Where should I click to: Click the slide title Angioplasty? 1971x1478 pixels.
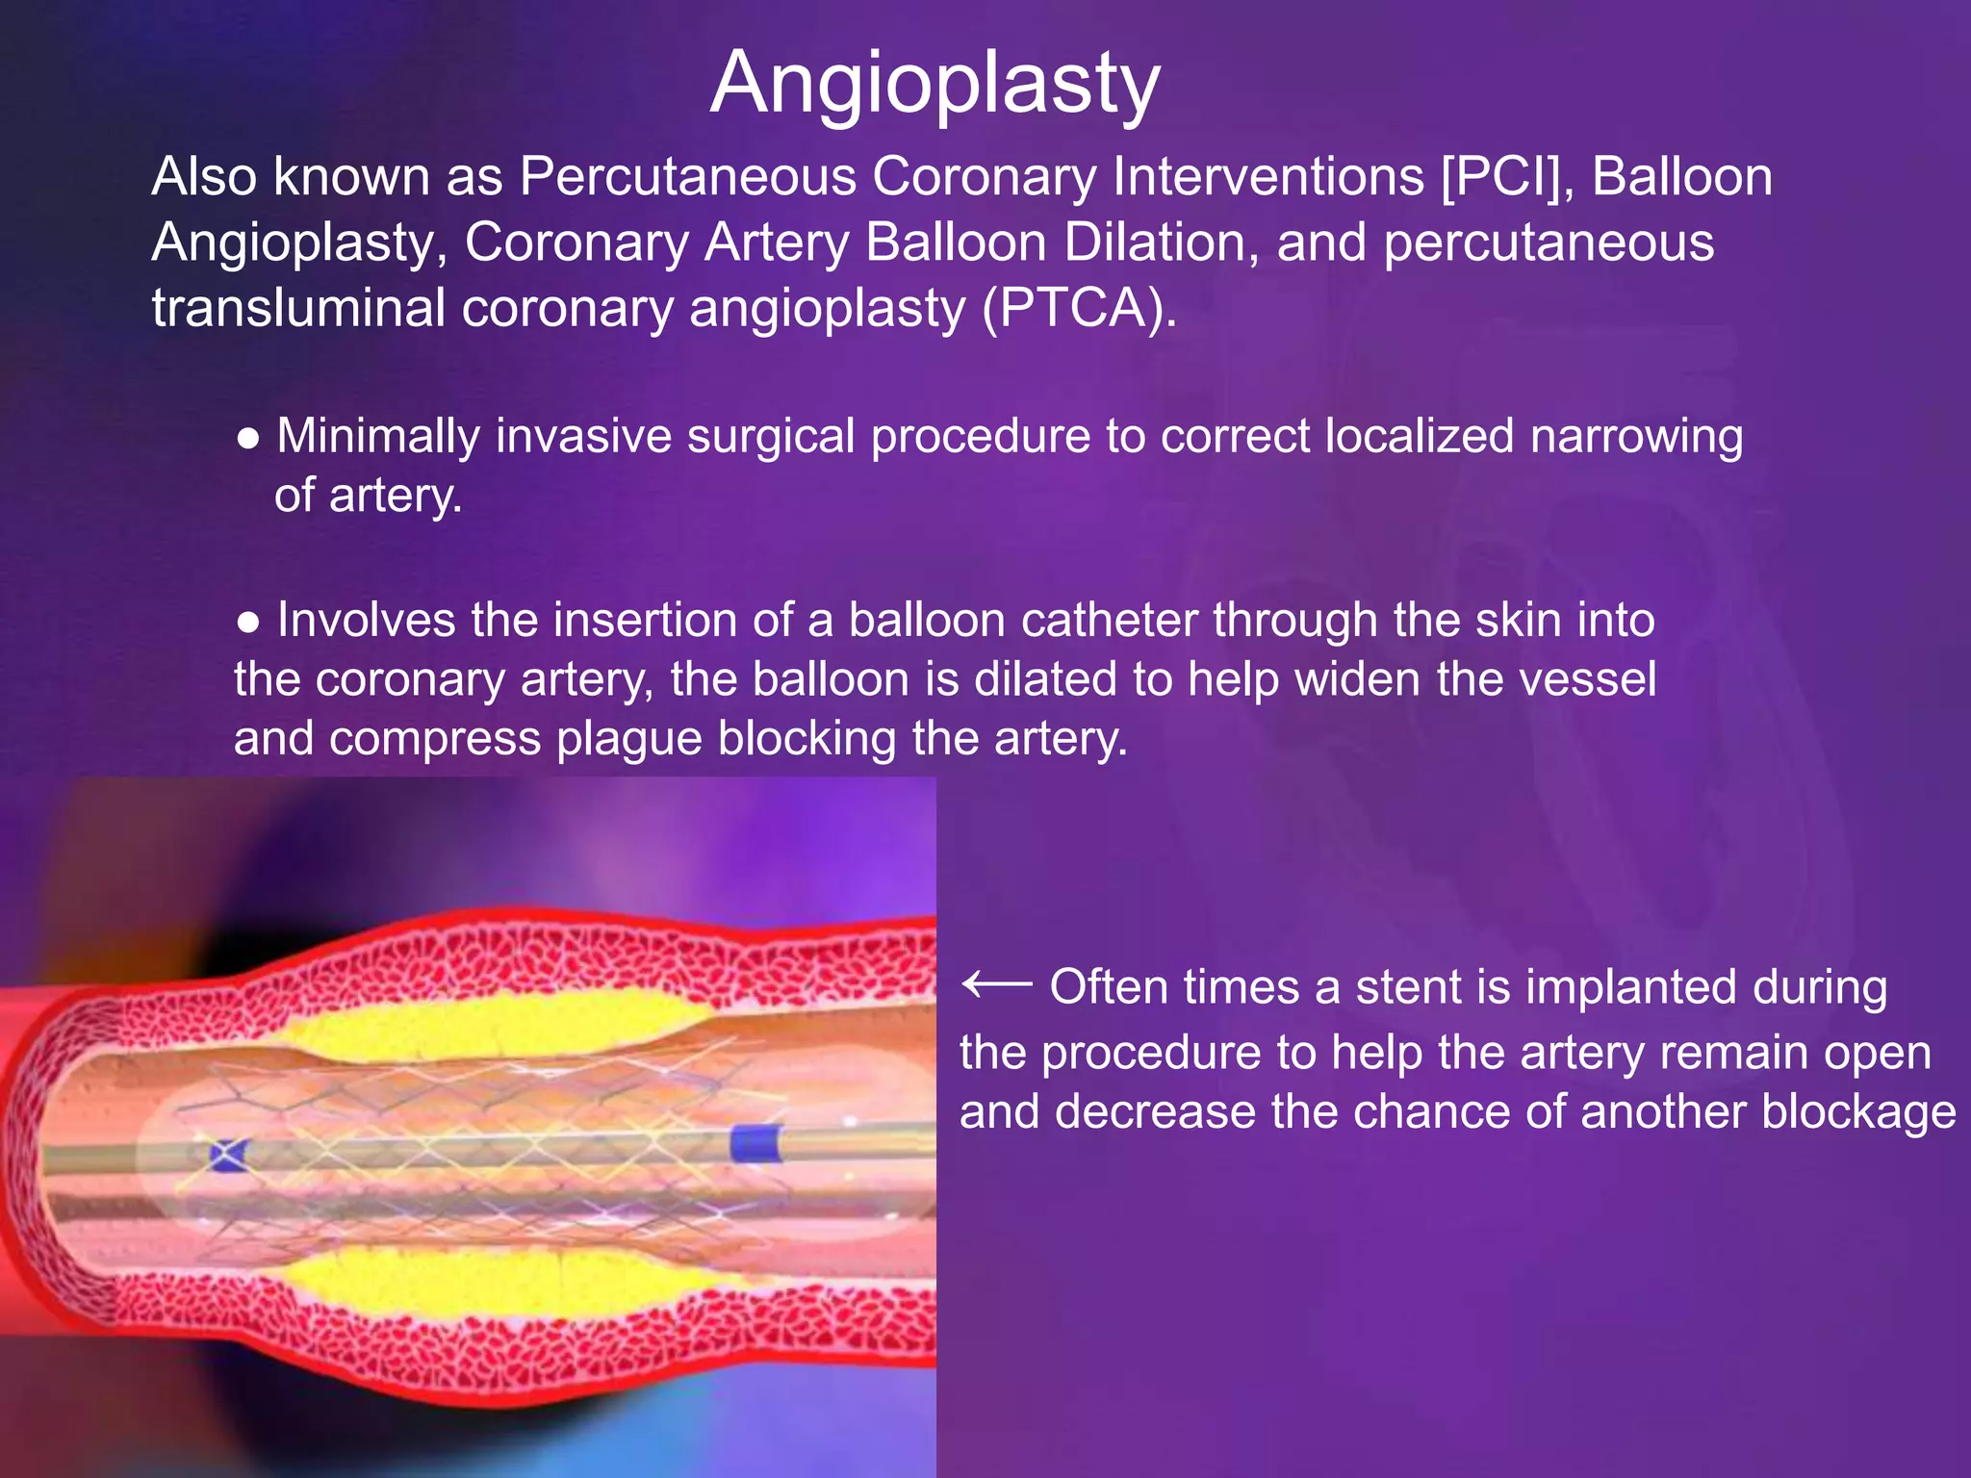(934, 84)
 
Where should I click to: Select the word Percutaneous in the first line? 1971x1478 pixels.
(688, 178)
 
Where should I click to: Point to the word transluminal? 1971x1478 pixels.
(297, 309)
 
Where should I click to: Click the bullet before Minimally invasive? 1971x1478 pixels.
(248, 439)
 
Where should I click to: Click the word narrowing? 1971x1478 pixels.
(1636, 437)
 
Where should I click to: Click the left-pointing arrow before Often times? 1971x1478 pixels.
(996, 984)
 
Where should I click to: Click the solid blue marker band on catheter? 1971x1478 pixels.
(756, 1144)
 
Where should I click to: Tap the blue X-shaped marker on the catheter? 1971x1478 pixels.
(229, 1154)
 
